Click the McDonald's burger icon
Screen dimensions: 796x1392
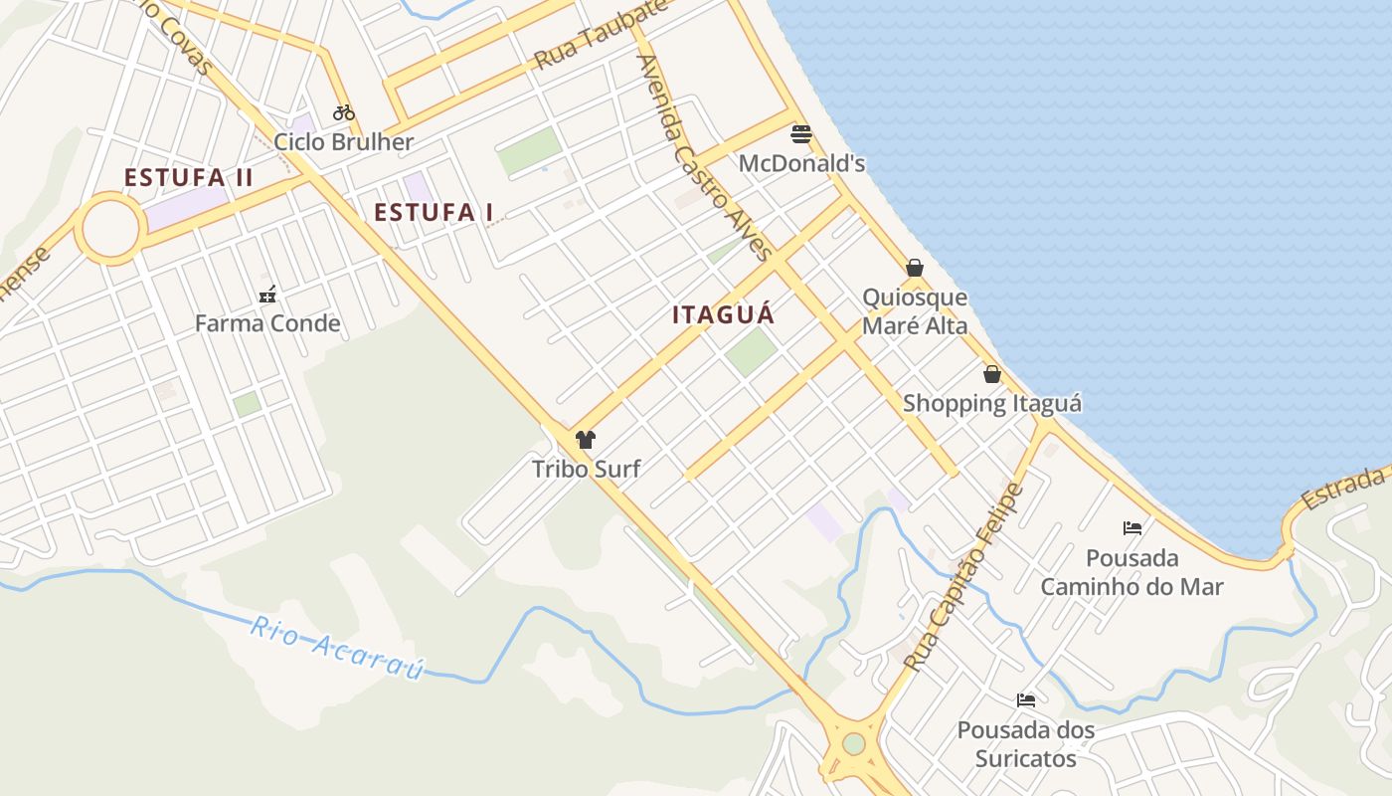click(801, 134)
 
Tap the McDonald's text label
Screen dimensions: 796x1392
click(801, 163)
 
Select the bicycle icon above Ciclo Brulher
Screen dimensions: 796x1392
click(344, 112)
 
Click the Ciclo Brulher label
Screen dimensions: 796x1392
click(343, 141)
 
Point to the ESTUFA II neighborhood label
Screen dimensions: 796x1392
click(188, 178)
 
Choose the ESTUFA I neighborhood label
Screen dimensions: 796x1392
click(434, 212)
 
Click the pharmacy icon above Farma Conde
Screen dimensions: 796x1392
click(266, 295)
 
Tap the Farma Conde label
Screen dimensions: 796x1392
click(266, 323)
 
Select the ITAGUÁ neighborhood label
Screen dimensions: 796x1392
click(723, 314)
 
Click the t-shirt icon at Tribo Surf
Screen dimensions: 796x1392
click(586, 440)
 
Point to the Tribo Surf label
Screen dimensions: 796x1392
click(586, 469)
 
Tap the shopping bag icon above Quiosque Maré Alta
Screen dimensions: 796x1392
click(915, 268)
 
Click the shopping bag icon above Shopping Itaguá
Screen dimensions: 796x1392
click(991, 374)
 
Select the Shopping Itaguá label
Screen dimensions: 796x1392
click(991, 403)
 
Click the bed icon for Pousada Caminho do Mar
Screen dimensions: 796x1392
click(1131, 527)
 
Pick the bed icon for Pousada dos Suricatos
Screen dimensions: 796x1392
click(1025, 700)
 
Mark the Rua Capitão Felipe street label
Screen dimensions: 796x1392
click(962, 577)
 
